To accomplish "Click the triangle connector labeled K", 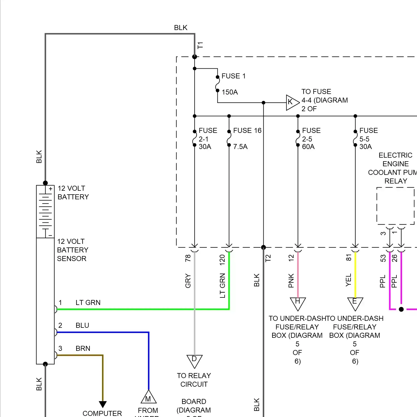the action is pos(292,102).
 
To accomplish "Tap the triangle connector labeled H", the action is pos(298,304).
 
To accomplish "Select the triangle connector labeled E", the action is pos(355,304).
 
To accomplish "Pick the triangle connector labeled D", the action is pos(194,361).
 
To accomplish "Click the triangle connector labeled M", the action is pos(148,397).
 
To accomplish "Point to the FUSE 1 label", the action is pos(234,76).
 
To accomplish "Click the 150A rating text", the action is pos(230,92).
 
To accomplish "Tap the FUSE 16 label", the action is pos(247,130).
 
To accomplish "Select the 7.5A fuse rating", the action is pos(240,147).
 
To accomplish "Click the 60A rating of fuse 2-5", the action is pos(308,147).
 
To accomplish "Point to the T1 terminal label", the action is pos(200,45).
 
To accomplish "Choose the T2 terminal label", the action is pos(268,258).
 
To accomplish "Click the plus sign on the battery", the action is pos(51,189).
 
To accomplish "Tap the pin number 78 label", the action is pos(188,258).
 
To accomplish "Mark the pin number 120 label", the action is pos(222,260).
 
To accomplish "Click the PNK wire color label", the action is pos(291,281).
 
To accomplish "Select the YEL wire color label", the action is pos(348,280).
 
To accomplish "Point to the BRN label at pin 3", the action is pos(83,348).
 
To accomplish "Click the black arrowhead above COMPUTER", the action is pos(103,404).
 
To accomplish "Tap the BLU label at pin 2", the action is pos(82,325).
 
